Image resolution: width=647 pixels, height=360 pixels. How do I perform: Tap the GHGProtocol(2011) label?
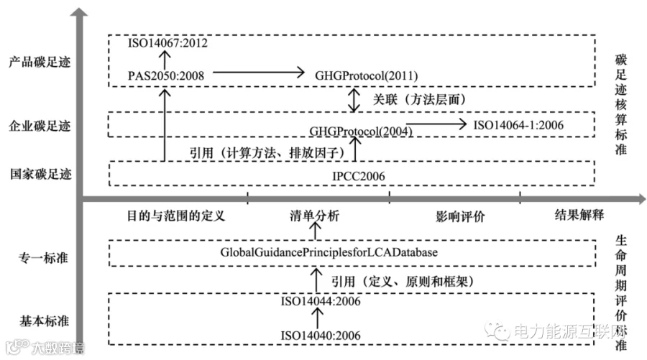367,74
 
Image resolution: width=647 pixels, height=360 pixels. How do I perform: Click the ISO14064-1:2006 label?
518,125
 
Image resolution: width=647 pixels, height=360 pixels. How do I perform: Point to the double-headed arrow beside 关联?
353,100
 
